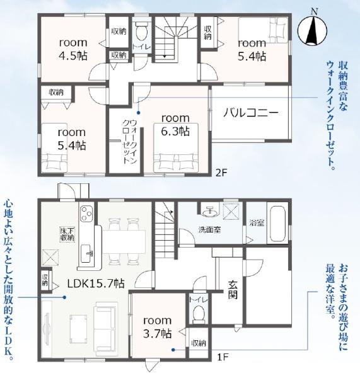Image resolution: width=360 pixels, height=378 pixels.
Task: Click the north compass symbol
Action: [x=313, y=30]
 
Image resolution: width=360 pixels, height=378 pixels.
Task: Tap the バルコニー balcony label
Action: [x=251, y=113]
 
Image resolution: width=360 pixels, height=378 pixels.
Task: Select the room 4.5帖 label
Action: [x=73, y=49]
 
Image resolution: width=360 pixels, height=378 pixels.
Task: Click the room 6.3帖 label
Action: [x=175, y=125]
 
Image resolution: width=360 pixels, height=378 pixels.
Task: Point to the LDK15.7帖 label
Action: [x=96, y=283]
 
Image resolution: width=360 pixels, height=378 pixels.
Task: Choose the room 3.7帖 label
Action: [x=158, y=327]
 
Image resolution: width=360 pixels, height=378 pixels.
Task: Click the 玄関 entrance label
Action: [x=233, y=290]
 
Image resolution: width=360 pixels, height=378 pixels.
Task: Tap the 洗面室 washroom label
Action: [x=209, y=230]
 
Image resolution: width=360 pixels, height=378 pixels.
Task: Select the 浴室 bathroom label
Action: [x=257, y=223]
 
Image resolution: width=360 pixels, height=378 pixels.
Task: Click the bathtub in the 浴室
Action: [x=277, y=224]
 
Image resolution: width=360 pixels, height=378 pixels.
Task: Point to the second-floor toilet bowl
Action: [x=141, y=31]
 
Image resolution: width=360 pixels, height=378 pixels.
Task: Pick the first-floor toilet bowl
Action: [x=199, y=314]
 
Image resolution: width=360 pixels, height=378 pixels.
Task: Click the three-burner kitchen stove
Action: [x=86, y=214]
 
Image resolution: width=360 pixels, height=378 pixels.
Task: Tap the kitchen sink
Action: [x=86, y=253]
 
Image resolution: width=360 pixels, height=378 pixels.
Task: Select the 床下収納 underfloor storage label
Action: [x=67, y=234]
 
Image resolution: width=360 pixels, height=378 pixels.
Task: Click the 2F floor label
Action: [x=221, y=173]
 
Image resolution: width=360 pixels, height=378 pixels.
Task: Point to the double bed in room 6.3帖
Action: [x=176, y=148]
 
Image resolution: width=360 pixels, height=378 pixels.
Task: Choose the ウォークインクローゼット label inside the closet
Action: [x=130, y=142]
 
